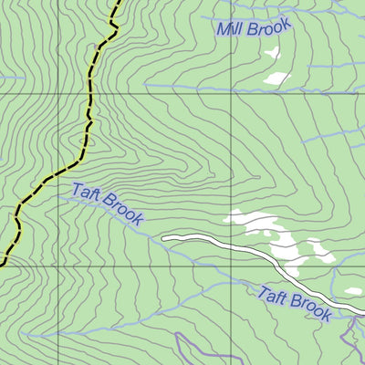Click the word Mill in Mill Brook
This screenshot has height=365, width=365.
(x=230, y=30)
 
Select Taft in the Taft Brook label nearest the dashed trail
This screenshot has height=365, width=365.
(x=85, y=193)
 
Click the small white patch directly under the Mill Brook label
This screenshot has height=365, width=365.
(x=272, y=53)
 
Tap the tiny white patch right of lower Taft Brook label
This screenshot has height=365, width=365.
(x=353, y=292)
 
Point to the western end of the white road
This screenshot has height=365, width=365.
(x=165, y=239)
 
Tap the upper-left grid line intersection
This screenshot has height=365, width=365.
(x=57, y=92)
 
